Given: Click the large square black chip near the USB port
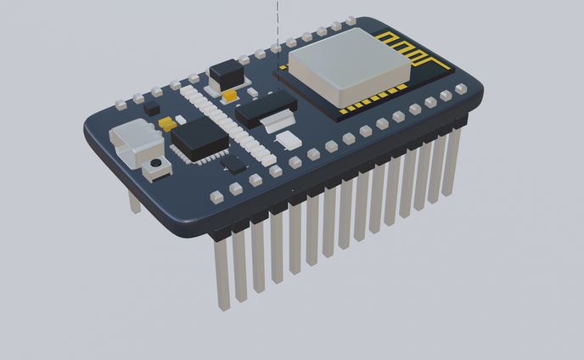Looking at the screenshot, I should coord(201,138).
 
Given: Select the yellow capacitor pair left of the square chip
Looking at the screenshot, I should coord(166,123).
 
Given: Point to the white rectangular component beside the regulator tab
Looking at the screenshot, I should coord(289,139).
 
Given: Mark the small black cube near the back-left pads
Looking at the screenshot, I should coord(151,109).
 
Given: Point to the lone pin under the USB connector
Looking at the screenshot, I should coord(134,201).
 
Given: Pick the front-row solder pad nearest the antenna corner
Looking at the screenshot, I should coord(458,90).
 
